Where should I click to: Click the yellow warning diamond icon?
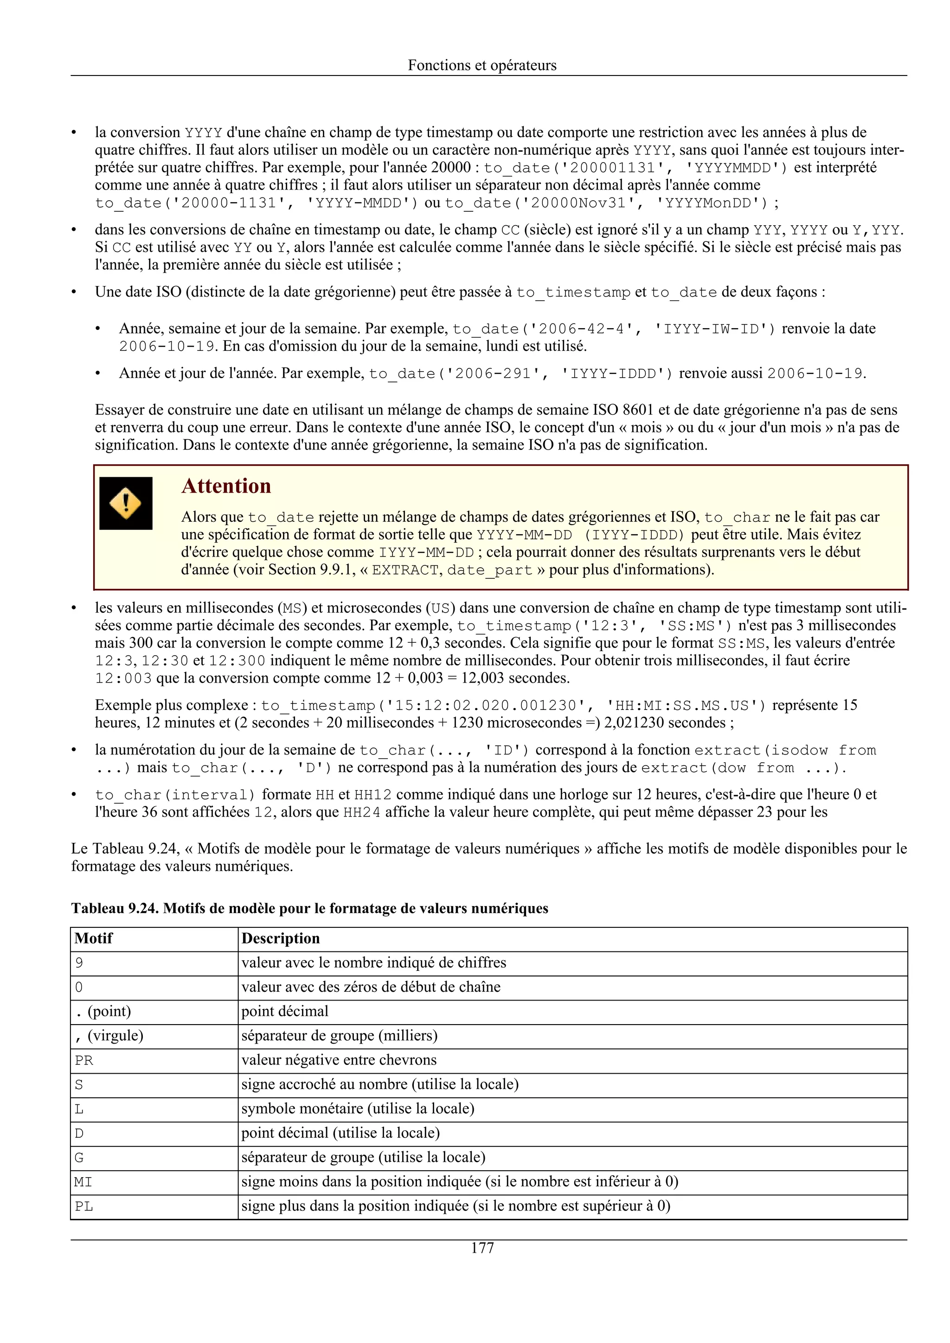click(x=125, y=503)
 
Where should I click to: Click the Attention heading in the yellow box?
click(x=226, y=486)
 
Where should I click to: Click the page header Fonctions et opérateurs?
click(x=482, y=65)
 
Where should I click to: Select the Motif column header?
click(x=94, y=938)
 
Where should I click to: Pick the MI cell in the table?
click(x=83, y=1182)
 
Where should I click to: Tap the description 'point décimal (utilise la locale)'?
click(x=340, y=1133)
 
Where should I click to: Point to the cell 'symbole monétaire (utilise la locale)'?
click(x=358, y=1109)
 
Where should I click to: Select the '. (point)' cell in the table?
click(x=103, y=1011)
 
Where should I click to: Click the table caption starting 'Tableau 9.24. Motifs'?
click(x=310, y=908)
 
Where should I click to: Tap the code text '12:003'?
click(x=123, y=678)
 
